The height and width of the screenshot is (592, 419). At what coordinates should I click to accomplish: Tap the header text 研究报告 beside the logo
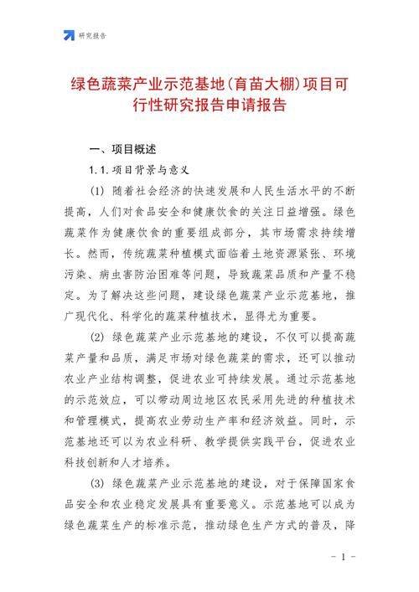93,35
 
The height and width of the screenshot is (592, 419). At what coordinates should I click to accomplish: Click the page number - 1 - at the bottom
344,558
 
